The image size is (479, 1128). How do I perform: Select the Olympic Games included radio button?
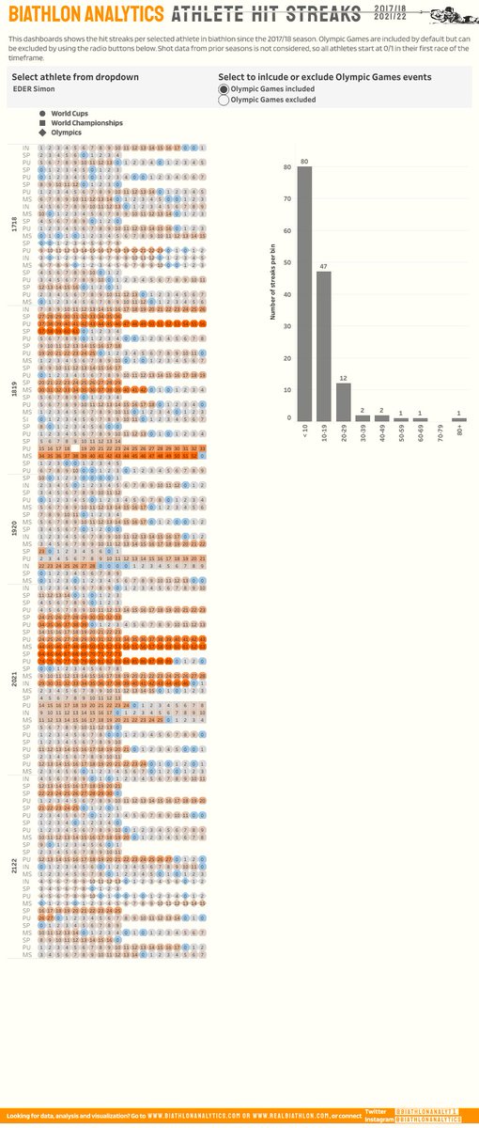coord(224,87)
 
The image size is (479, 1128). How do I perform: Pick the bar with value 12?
coord(343,401)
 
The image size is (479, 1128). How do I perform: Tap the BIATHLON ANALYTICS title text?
coord(85,15)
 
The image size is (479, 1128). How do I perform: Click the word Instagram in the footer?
coord(377,1119)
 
